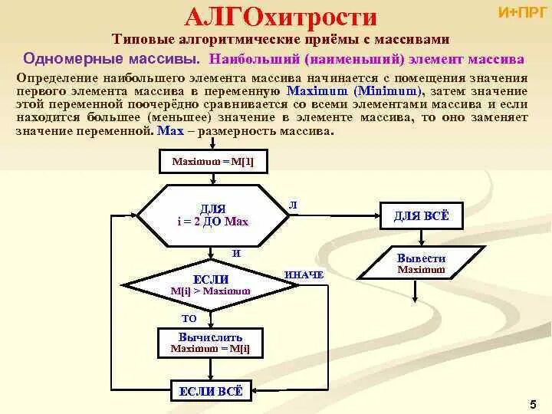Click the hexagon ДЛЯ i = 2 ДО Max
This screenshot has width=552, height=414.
(212, 215)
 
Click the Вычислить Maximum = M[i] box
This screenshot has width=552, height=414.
(210, 343)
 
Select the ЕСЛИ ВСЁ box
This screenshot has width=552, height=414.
(211, 391)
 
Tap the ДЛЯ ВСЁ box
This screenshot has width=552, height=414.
(421, 216)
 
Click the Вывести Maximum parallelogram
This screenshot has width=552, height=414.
(421, 263)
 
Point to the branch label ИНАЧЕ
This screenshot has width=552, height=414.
(304, 274)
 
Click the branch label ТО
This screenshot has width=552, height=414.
(189, 317)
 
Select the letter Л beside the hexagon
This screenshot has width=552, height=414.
(293, 205)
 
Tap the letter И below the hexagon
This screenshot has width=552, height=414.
(236, 252)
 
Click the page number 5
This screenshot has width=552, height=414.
(532, 403)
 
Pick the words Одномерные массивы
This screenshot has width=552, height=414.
(111, 58)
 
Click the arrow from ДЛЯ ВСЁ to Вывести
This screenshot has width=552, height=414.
(421, 238)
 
